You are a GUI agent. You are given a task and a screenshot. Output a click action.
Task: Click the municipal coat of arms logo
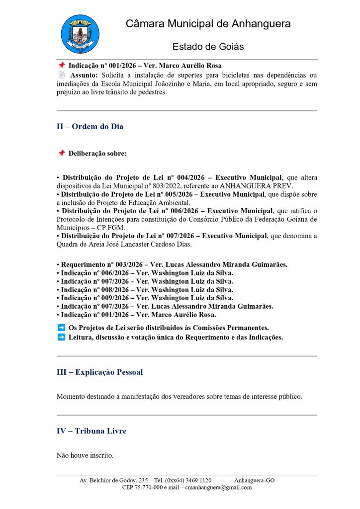pos(80,34)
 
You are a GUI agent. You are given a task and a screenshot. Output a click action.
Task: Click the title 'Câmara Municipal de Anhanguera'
pos(208,24)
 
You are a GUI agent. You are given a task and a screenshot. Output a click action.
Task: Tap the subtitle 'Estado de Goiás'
pos(208,47)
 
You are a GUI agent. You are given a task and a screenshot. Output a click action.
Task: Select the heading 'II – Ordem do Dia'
pos(90,127)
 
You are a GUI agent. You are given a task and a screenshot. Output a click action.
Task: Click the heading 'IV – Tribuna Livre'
pos(91,431)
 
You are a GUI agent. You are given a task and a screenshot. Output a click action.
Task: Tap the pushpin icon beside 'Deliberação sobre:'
pos(62,154)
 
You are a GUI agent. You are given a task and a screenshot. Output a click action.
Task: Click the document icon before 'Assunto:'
pos(62,75)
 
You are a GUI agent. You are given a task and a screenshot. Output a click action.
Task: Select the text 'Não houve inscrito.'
pos(85,454)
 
